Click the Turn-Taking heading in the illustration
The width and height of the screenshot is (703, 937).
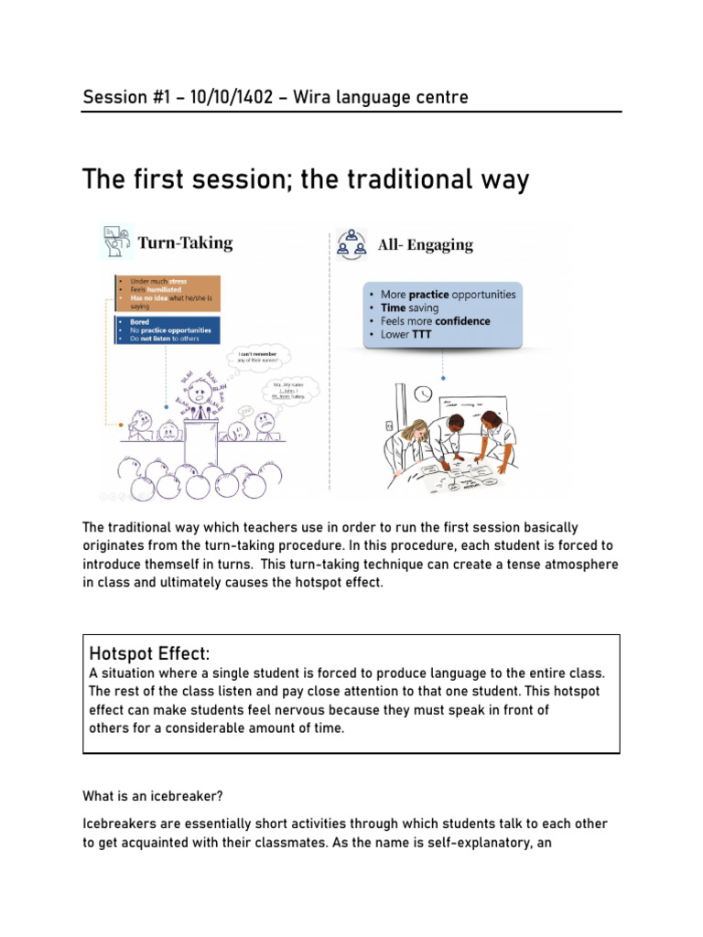pyautogui.click(x=185, y=242)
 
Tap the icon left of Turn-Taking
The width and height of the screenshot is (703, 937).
pyautogui.click(x=116, y=242)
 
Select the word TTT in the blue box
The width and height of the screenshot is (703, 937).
pyautogui.click(x=419, y=335)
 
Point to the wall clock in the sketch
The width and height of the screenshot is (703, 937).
pyautogui.click(x=423, y=393)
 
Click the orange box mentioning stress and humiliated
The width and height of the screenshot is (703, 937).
pyautogui.click(x=167, y=292)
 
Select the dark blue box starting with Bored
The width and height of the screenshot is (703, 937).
pyautogui.click(x=167, y=329)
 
